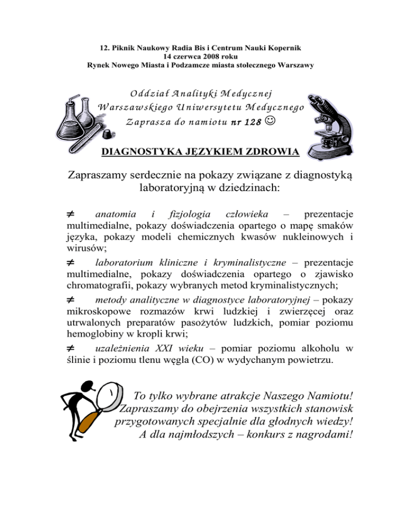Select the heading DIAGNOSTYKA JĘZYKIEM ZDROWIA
point(201,152)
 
